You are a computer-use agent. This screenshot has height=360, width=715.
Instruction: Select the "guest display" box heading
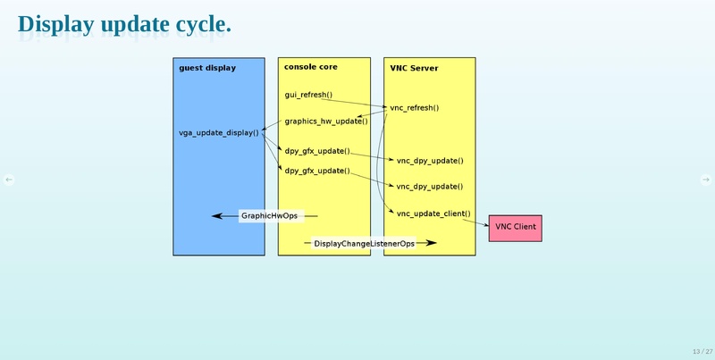point(207,68)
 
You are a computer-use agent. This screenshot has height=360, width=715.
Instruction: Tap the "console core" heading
point(310,67)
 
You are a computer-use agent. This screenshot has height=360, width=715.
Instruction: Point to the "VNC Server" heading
point(414,68)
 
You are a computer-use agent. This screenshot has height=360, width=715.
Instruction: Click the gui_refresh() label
point(308,94)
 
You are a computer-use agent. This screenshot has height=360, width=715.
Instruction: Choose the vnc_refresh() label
point(415,108)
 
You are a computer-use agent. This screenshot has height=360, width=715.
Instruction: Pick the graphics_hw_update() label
point(326,121)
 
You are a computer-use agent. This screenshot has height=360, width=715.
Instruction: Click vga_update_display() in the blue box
point(219,133)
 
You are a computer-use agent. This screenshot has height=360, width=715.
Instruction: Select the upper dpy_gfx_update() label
point(317,151)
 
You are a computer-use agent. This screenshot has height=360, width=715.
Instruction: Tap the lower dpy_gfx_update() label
point(317,171)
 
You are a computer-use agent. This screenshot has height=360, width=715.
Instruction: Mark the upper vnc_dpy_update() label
point(429,161)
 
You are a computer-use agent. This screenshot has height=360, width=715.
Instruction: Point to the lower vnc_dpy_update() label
point(429,187)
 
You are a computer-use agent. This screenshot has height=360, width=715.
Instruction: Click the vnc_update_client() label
point(433,213)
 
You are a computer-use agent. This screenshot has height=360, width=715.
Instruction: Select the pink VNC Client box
point(515,228)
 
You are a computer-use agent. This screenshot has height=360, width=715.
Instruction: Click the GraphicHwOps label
point(270,216)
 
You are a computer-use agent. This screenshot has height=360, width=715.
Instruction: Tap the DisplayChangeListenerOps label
point(365,243)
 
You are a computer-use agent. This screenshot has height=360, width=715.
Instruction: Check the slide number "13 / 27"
point(701,351)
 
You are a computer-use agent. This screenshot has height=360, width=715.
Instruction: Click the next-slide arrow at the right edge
point(705,180)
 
